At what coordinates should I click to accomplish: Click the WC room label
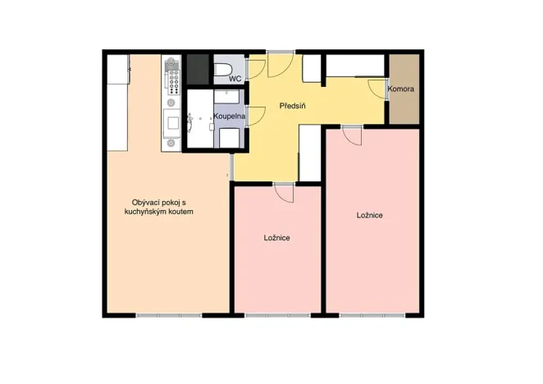[x=234, y=79]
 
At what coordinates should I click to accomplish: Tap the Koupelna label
[x=230, y=117]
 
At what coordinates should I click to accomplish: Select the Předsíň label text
[x=293, y=107]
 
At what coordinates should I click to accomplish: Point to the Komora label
[x=401, y=89]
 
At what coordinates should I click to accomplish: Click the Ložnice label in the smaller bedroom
[x=276, y=238]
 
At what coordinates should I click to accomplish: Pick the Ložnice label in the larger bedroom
[x=370, y=215]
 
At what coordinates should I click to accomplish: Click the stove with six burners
[x=173, y=76]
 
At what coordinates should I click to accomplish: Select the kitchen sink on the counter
[x=173, y=124]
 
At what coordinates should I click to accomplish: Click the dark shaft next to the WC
[x=197, y=69]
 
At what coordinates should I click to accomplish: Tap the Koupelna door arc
[x=255, y=115]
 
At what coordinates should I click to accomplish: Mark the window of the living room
[x=168, y=315]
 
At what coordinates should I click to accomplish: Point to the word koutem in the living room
[x=185, y=212]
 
